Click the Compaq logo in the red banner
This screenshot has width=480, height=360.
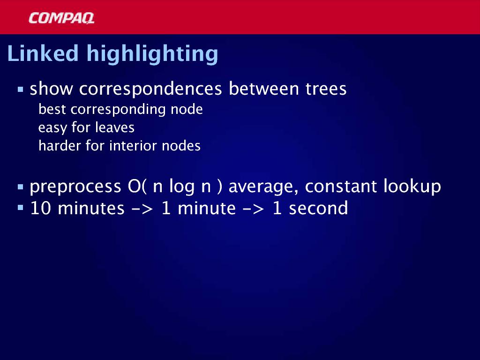click(x=61, y=18)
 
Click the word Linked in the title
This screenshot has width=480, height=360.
click(x=43, y=53)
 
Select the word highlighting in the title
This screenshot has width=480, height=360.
click(x=152, y=55)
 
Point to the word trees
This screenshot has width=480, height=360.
click(x=326, y=89)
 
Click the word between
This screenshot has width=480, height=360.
click(x=263, y=89)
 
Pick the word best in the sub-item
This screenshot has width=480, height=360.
click(x=52, y=109)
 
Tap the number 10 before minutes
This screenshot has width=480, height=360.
click(x=40, y=208)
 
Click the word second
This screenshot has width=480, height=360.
click(x=318, y=208)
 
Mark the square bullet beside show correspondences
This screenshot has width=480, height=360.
click(x=21, y=90)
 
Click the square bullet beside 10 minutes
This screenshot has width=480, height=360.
click(x=21, y=208)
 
